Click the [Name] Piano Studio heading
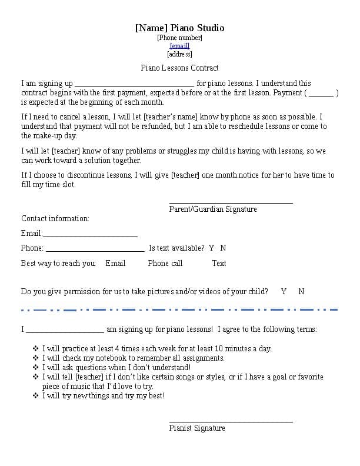[179, 28]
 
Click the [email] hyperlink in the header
[179, 46]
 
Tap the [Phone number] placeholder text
[179, 38]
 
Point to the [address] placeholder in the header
[179, 54]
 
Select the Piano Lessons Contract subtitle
[179, 68]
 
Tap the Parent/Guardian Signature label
[213, 209]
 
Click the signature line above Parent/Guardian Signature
[231, 202]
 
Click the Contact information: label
[55, 218]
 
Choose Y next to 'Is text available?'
[212, 248]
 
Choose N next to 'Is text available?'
[223, 248]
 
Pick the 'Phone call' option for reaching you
[165, 263]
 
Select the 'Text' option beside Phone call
[219, 263]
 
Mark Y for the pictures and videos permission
[284, 291]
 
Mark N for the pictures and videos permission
[301, 291]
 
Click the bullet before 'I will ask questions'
[36, 367]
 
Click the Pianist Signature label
[197, 428]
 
